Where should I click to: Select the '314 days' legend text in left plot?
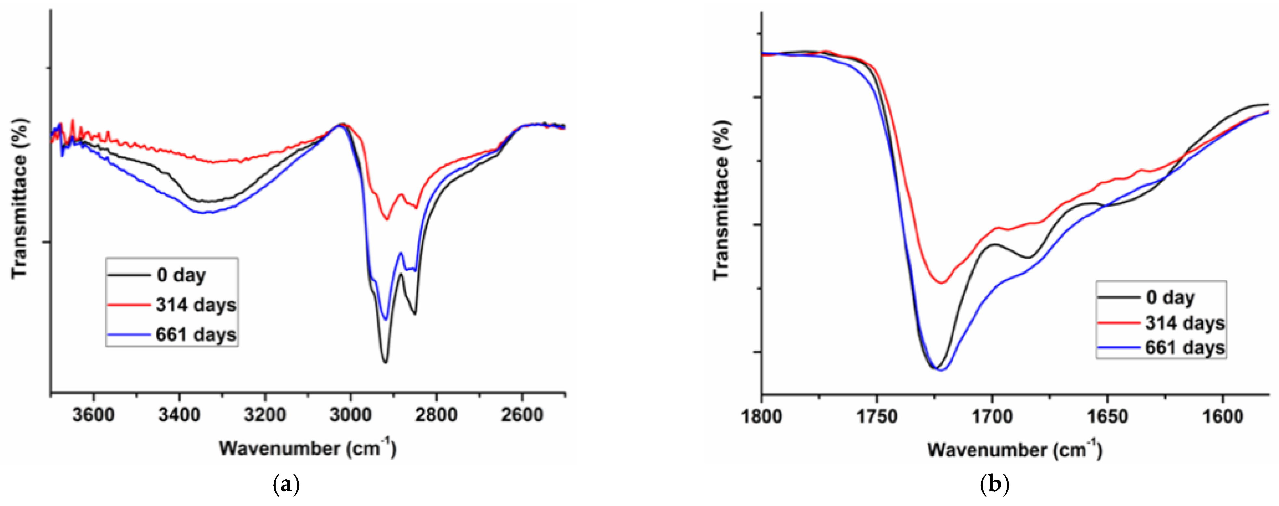[x=196, y=305]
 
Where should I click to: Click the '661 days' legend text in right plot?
[x=1185, y=348]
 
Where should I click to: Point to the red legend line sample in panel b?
[x=1118, y=323]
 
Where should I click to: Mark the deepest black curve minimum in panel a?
[x=385, y=362]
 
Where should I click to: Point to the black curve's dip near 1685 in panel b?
[x=1028, y=257]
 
